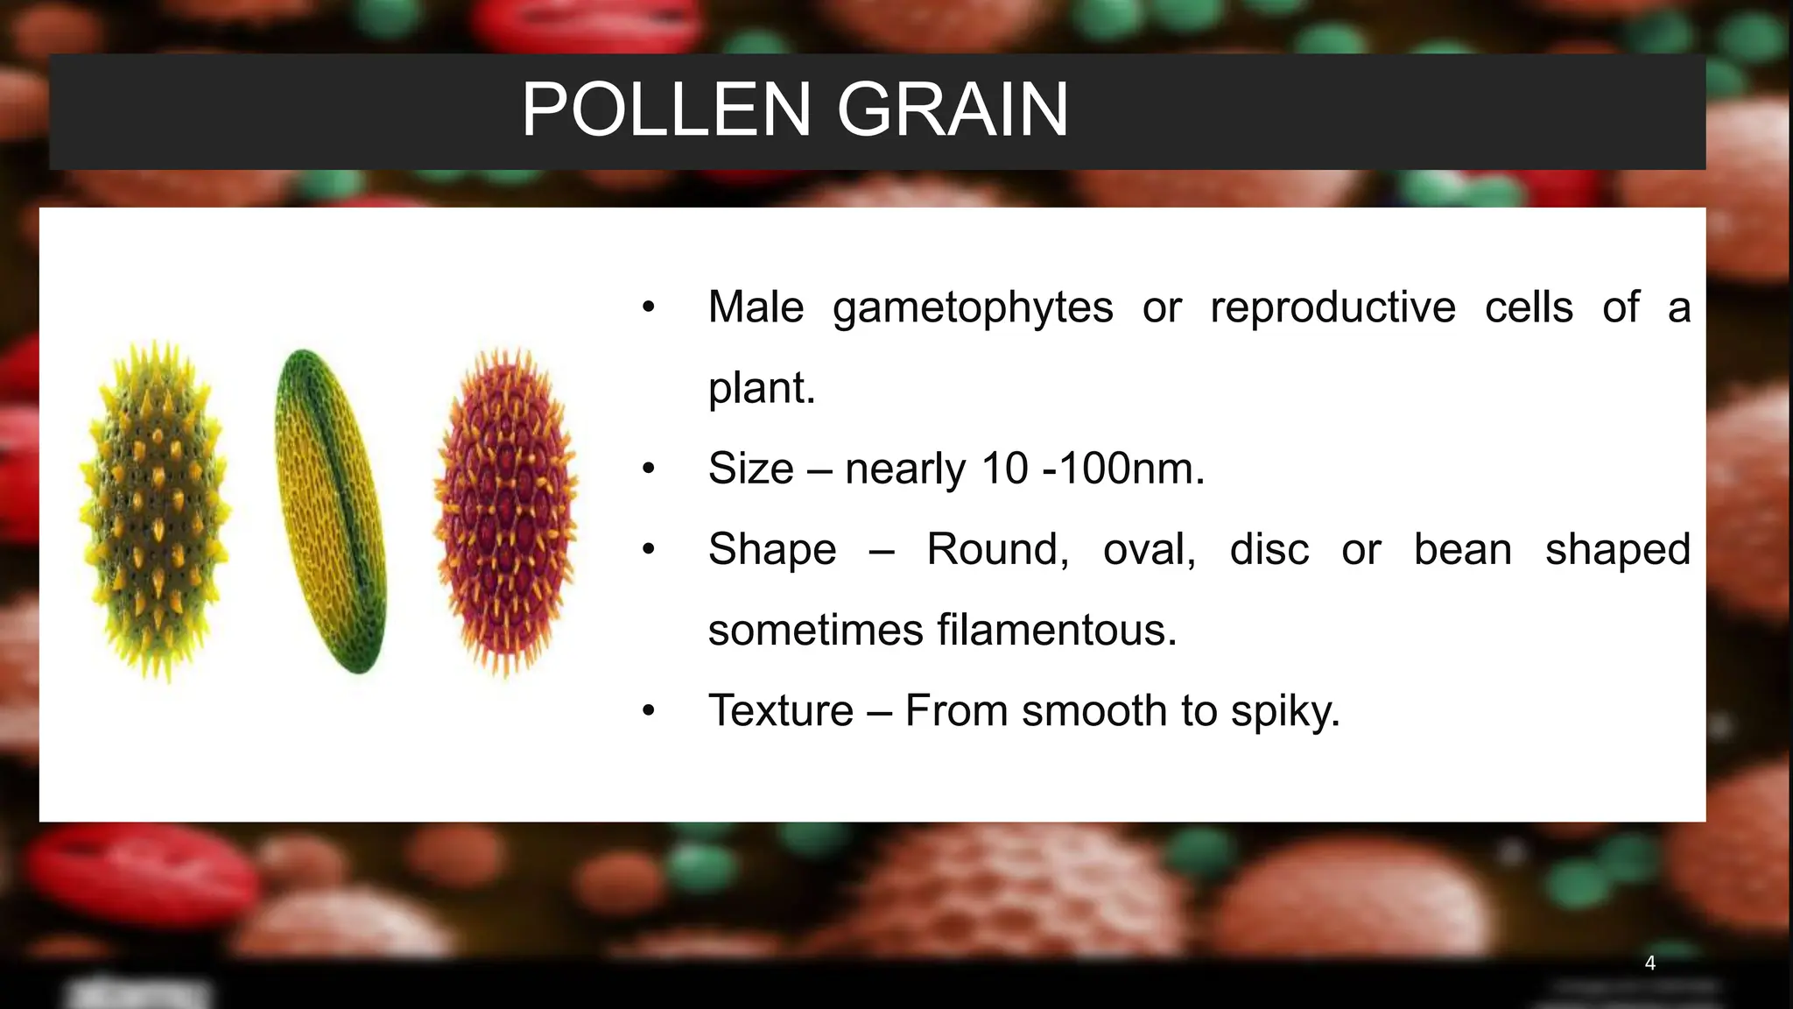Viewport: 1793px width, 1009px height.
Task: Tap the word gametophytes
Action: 972,308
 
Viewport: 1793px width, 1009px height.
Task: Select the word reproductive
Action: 1332,308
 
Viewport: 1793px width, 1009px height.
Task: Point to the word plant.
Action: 760,389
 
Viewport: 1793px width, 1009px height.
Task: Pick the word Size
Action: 750,469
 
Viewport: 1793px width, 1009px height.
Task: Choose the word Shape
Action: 772,550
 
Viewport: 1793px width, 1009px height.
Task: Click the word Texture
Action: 780,710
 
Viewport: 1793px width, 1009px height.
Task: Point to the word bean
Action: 1462,550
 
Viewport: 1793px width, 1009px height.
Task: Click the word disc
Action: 1269,550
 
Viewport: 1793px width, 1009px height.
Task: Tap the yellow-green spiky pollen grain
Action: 156,512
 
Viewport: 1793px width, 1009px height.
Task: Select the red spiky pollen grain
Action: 506,512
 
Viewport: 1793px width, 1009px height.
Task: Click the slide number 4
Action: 1649,963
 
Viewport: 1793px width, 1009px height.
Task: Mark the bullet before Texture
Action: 648,711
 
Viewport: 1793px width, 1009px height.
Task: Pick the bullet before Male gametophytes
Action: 648,308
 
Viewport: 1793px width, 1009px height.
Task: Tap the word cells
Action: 1529,308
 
